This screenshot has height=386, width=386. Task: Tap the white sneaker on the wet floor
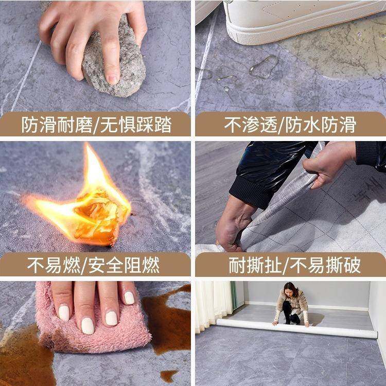pos(288,18)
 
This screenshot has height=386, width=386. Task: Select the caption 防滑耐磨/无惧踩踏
pos(96,125)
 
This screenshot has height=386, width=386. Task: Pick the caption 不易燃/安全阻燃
pos(96,266)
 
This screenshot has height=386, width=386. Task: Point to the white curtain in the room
pos(214,304)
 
